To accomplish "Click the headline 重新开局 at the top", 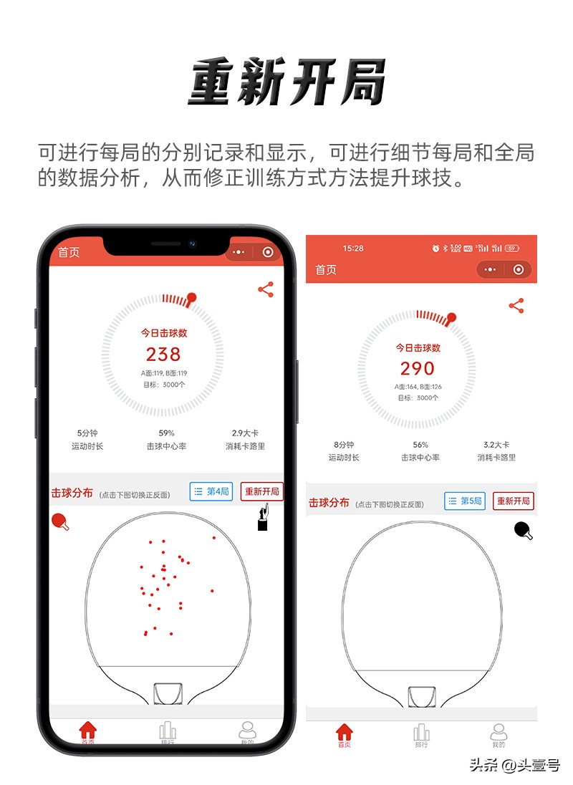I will pyautogui.click(x=286, y=82).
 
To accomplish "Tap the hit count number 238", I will pyautogui.click(x=163, y=354).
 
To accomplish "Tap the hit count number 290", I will pyautogui.click(x=418, y=368).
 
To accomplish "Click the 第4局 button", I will pyautogui.click(x=211, y=491).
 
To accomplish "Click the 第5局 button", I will pyautogui.click(x=465, y=501).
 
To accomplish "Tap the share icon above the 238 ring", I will pyautogui.click(x=266, y=289).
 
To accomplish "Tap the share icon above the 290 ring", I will pyautogui.click(x=516, y=306).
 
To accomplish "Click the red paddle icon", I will pyautogui.click(x=61, y=522).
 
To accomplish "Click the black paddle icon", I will pyautogui.click(x=524, y=531).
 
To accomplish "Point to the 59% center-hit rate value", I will pyautogui.click(x=166, y=433).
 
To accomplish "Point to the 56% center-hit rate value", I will pyautogui.click(x=420, y=445).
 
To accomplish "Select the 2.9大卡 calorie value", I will pyautogui.click(x=245, y=433).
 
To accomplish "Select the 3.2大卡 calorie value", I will pyautogui.click(x=496, y=445).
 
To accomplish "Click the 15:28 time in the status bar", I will pyautogui.click(x=353, y=249).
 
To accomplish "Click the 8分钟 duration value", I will pyautogui.click(x=345, y=445).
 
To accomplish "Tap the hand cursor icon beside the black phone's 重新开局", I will pyautogui.click(x=264, y=518).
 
